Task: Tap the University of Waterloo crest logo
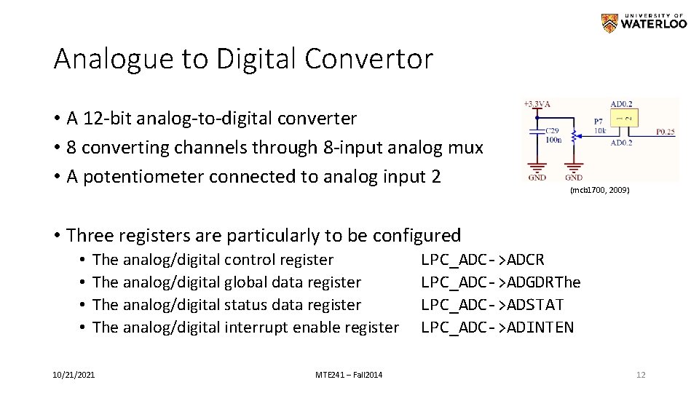(x=609, y=23)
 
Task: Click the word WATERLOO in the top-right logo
(x=654, y=24)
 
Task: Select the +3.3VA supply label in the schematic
(x=538, y=105)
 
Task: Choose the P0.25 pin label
(x=666, y=132)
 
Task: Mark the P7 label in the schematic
(x=598, y=122)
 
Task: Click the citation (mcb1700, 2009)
(x=600, y=190)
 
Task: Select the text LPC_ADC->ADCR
(x=483, y=260)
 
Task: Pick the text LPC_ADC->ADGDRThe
(x=501, y=282)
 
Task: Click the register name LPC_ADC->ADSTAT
(x=493, y=305)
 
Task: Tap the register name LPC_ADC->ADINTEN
(x=497, y=327)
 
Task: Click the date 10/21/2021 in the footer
(x=73, y=375)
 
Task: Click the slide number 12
(x=641, y=375)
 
